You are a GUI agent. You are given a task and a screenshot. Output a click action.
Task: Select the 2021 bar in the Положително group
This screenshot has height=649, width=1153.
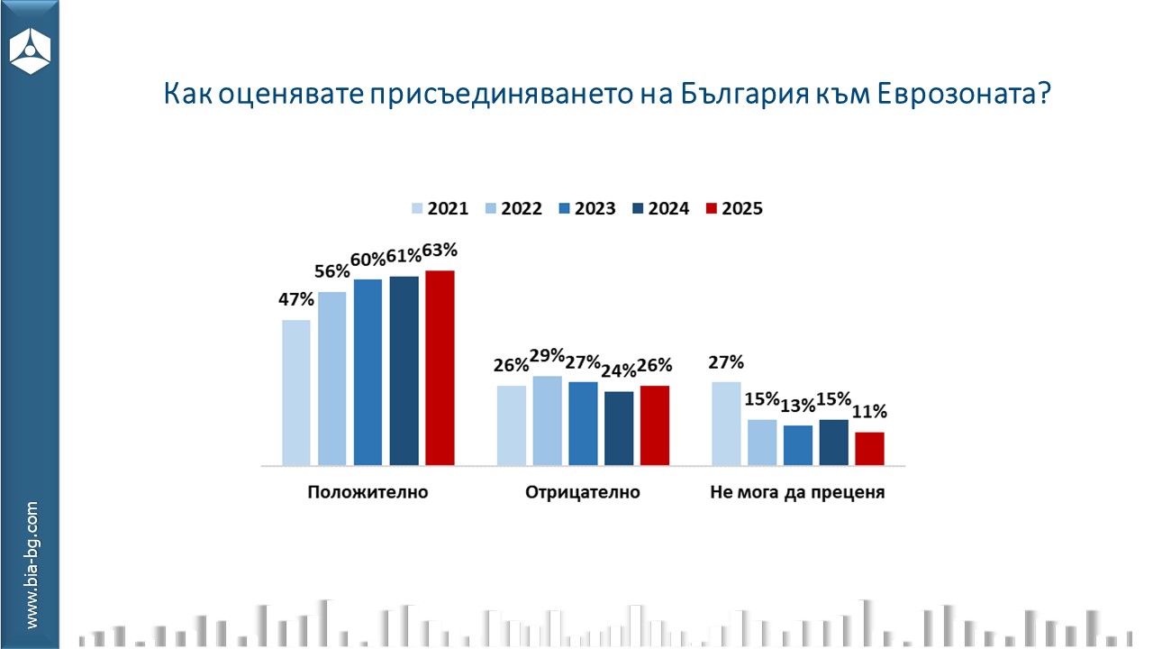(x=296, y=393)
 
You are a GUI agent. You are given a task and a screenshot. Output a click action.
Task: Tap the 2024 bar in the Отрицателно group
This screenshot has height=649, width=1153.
(x=619, y=428)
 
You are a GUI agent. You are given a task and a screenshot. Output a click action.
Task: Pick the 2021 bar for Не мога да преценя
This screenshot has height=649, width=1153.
(x=726, y=424)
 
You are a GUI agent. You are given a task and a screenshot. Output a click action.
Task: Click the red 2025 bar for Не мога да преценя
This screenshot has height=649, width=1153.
(x=869, y=449)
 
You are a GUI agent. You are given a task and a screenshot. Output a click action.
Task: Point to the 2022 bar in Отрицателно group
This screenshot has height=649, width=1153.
(x=547, y=421)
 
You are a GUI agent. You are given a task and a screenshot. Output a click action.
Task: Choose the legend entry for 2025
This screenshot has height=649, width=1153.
(x=733, y=208)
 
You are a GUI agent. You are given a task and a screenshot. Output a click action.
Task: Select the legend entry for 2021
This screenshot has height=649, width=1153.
(x=440, y=208)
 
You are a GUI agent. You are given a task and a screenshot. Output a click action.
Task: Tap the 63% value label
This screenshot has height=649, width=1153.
(x=440, y=250)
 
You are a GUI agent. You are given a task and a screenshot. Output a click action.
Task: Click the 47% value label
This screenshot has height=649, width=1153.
(x=296, y=298)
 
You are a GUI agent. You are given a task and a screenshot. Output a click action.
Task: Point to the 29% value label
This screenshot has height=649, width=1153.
(x=547, y=355)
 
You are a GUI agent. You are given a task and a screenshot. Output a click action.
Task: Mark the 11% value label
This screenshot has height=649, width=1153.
(x=869, y=412)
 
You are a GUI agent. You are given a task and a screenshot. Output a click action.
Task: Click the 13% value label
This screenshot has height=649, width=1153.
(x=797, y=406)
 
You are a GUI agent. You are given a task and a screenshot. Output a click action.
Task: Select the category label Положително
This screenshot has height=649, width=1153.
(x=368, y=493)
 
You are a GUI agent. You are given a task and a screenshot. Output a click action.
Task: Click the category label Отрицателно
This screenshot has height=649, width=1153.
(x=582, y=493)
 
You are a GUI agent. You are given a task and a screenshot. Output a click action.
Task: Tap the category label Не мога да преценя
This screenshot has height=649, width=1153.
(x=797, y=493)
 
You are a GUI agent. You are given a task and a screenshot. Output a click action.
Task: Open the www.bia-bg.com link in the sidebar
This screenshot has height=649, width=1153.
(x=32, y=565)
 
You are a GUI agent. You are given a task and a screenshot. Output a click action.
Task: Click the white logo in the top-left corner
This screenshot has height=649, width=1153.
(x=31, y=50)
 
